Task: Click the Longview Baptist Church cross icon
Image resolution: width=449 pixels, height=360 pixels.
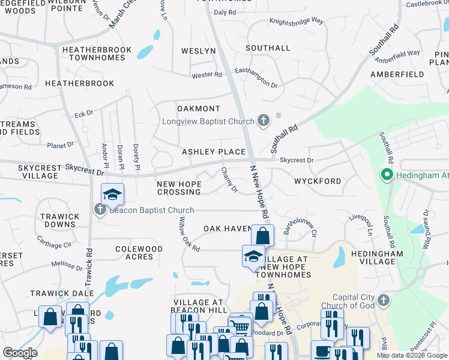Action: tap(263, 121)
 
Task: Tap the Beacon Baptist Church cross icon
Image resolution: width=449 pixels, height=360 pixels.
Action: tap(100, 209)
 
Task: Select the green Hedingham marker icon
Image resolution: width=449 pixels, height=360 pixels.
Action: tap(387, 175)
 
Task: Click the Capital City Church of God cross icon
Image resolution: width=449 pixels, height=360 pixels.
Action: tap(384, 299)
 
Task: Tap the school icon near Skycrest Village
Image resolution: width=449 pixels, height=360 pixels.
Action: tap(112, 194)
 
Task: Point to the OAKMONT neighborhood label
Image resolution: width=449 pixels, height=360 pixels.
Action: tap(199, 109)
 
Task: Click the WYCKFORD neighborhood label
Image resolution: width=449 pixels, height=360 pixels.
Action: tap(318, 181)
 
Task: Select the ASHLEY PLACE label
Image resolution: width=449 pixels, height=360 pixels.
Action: tap(214, 152)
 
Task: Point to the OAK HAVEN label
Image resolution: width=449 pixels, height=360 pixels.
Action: tap(226, 229)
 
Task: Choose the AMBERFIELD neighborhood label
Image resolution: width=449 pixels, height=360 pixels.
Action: tap(397, 74)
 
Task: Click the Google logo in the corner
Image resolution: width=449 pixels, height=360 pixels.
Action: tap(20, 353)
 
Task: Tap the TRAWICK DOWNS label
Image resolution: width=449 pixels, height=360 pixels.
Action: tap(59, 220)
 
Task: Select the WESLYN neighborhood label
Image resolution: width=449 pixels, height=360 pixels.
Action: tap(197, 51)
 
